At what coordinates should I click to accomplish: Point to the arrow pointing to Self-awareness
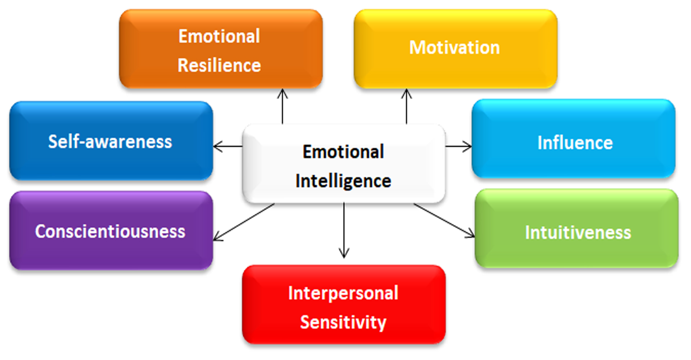pyautogui.click(x=227, y=147)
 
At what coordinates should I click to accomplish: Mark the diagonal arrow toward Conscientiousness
pyautogui.click(x=244, y=222)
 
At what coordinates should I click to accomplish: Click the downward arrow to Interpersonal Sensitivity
pyautogui.click(x=344, y=230)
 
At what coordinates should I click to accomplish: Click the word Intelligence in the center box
pyautogui.click(x=343, y=181)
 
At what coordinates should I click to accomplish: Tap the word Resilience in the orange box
pyautogui.click(x=219, y=66)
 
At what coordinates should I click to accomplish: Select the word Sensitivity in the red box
pyautogui.click(x=343, y=322)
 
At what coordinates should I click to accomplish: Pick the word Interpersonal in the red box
pyautogui.click(x=343, y=293)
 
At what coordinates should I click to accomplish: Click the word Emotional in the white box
pyautogui.click(x=343, y=152)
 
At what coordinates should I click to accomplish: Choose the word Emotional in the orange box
pyautogui.click(x=219, y=36)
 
